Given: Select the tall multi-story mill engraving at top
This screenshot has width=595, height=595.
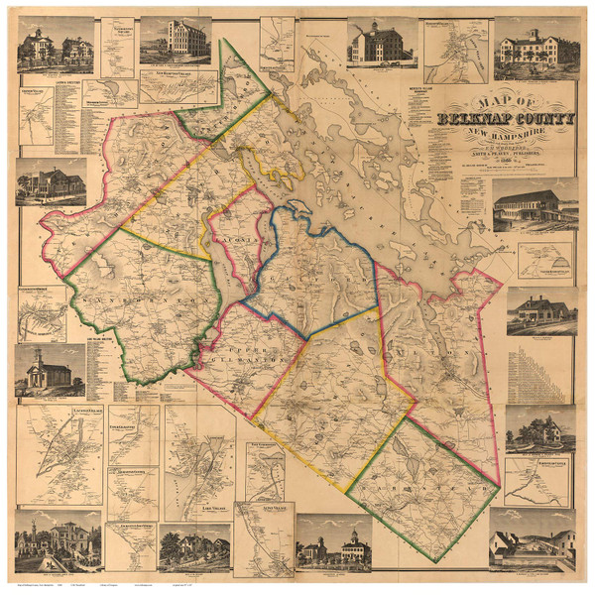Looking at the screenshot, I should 175,42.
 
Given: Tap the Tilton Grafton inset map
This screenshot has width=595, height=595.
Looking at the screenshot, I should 42,313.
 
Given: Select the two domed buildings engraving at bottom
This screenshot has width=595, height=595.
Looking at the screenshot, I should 333,542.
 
